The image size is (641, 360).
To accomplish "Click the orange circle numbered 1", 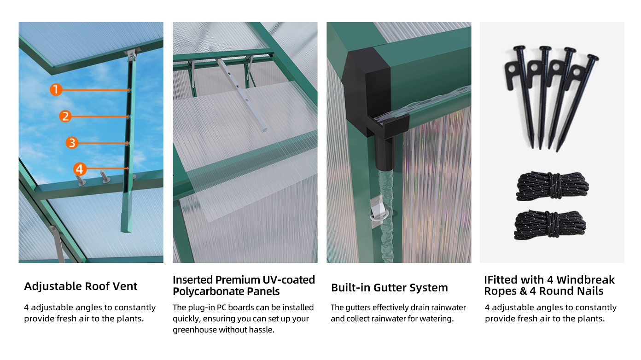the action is coord(56,90).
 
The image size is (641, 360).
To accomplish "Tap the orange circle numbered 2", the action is coord(65,116).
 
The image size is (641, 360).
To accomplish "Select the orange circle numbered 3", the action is coord(72,143).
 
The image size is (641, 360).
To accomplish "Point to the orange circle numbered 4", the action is coord(80,169).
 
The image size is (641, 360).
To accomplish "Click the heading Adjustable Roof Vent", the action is coord(81,286).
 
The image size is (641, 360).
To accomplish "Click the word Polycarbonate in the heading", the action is coord(209,291).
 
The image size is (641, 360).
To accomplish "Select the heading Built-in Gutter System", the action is coord(390,288).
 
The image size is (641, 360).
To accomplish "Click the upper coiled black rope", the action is coord(552,186).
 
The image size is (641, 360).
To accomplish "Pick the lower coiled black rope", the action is coord(550,225).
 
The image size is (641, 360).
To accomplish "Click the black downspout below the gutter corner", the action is coord(385,153).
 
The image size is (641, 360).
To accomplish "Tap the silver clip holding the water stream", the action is coord(378,211).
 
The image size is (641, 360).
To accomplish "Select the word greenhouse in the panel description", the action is coord(195,330).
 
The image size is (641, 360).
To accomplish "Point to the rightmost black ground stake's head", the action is coord(593,57).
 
